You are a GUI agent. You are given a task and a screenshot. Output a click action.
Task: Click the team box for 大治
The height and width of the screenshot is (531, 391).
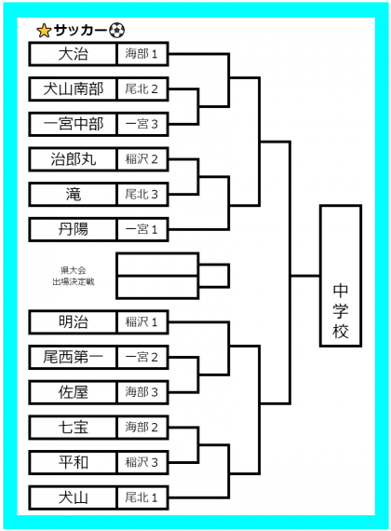click(73, 54)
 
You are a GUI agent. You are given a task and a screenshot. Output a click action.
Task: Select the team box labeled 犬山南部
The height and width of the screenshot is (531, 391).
click(73, 89)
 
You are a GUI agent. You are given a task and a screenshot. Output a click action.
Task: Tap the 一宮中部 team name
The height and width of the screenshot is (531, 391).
click(73, 124)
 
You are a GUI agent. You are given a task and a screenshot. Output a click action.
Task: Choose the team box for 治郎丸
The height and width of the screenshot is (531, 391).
click(73, 159)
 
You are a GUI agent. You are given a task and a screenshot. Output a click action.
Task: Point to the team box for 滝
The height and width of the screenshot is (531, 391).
click(73, 195)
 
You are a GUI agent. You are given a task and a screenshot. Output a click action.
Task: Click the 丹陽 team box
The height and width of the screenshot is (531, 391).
click(73, 229)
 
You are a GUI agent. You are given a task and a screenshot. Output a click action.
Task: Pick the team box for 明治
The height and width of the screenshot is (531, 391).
click(73, 322)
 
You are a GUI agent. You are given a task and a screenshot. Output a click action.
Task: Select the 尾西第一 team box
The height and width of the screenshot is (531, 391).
click(73, 358)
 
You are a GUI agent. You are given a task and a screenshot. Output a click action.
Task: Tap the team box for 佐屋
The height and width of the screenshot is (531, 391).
click(73, 392)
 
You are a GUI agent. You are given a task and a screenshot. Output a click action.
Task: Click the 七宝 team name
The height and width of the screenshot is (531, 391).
click(74, 428)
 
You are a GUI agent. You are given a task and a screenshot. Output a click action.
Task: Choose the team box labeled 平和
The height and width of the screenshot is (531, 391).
click(73, 463)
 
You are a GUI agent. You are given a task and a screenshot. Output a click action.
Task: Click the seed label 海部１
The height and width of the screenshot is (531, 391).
click(142, 54)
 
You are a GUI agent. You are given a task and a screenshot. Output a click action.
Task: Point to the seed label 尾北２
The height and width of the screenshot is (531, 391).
click(142, 89)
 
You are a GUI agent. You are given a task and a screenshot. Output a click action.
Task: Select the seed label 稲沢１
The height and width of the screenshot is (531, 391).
click(142, 322)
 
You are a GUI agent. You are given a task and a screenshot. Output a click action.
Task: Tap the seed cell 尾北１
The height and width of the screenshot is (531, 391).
click(142, 497)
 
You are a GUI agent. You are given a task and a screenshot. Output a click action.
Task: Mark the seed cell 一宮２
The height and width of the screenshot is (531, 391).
click(142, 358)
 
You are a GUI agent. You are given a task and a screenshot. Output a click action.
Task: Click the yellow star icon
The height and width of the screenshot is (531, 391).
click(44, 31)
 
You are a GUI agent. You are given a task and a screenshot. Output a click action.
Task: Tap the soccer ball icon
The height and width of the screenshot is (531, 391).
click(117, 30)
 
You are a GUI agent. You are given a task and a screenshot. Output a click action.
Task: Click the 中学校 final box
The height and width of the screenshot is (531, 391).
click(341, 276)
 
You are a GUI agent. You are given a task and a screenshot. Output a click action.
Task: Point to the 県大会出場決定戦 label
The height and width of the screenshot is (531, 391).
click(74, 276)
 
